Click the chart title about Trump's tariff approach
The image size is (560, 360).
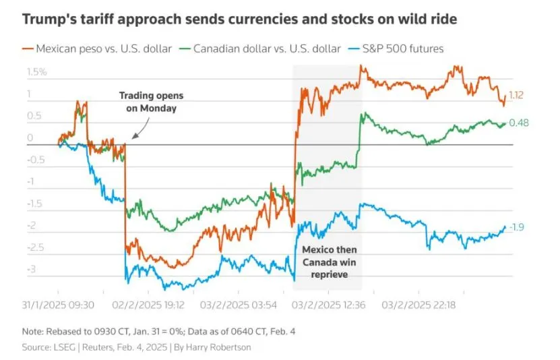pyautogui.click(x=239, y=19)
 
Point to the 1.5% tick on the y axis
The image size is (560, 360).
pyautogui.click(x=36, y=72)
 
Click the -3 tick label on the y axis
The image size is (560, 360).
pyautogui.click(x=30, y=270)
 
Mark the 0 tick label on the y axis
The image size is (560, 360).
pyautogui.click(x=30, y=138)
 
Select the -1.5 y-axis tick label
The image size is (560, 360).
pyautogui.click(x=34, y=204)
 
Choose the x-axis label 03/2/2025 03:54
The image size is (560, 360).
pyautogui.click(x=242, y=305)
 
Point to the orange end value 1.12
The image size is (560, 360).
pyautogui.click(x=516, y=96)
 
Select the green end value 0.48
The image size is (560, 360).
pyautogui.click(x=518, y=123)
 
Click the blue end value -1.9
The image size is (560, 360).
pyautogui.click(x=516, y=227)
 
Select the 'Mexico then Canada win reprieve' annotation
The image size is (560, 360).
pyautogui.click(x=328, y=263)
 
